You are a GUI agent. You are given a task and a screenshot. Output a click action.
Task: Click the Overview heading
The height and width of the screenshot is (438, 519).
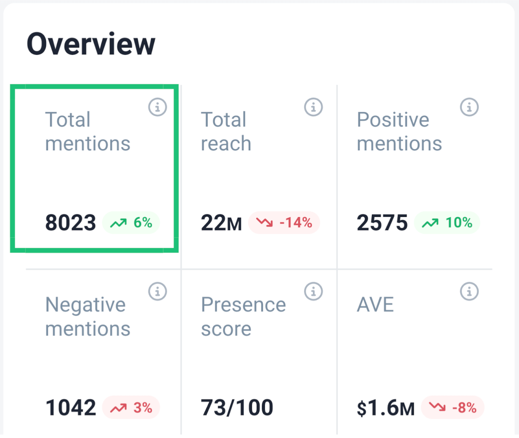pyautogui.click(x=91, y=44)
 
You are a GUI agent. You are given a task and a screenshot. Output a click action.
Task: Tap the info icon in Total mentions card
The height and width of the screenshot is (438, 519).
pyautogui.click(x=157, y=108)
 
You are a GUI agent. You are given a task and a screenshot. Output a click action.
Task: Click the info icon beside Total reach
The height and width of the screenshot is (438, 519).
pyautogui.click(x=313, y=108)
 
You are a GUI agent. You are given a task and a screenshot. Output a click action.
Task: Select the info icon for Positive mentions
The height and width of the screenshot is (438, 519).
pyautogui.click(x=469, y=108)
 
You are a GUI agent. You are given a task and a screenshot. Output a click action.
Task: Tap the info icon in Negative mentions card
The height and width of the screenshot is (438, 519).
pyautogui.click(x=157, y=292)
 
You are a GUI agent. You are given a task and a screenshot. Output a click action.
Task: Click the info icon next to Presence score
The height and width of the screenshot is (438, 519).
pyautogui.click(x=313, y=292)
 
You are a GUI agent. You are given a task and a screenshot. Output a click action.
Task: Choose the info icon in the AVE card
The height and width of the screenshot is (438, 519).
pyautogui.click(x=469, y=292)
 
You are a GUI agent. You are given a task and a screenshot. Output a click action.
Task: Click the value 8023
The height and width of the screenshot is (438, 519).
pyautogui.click(x=71, y=223)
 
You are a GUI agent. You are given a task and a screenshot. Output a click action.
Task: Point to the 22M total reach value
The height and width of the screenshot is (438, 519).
pyautogui.click(x=221, y=223)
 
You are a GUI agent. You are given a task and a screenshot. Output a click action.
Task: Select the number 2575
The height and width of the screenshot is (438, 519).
pyautogui.click(x=382, y=223)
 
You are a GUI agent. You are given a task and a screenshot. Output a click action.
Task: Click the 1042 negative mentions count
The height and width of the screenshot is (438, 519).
pyautogui.click(x=71, y=408)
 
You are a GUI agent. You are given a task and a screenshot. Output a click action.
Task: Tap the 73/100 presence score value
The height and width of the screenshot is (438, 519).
pyautogui.click(x=237, y=408)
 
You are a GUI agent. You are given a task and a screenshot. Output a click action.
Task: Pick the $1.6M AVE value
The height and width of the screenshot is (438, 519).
pyautogui.click(x=386, y=408)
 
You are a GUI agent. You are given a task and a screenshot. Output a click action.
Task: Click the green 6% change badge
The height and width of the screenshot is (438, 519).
pyautogui.click(x=131, y=223)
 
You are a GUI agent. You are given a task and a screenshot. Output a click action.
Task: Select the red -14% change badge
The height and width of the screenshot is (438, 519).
pyautogui.click(x=284, y=223)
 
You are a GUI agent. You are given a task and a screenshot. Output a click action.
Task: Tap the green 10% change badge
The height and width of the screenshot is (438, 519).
pyautogui.click(x=447, y=223)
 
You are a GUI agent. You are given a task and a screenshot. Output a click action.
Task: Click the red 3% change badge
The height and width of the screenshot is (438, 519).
pyautogui.click(x=131, y=408)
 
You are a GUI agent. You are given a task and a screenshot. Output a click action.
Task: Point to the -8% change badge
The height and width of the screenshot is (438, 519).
pyautogui.click(x=453, y=408)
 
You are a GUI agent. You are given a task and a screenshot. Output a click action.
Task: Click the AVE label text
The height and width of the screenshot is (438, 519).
pyautogui.click(x=375, y=305)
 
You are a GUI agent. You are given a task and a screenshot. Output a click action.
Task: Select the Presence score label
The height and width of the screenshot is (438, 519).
pyautogui.click(x=243, y=317)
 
